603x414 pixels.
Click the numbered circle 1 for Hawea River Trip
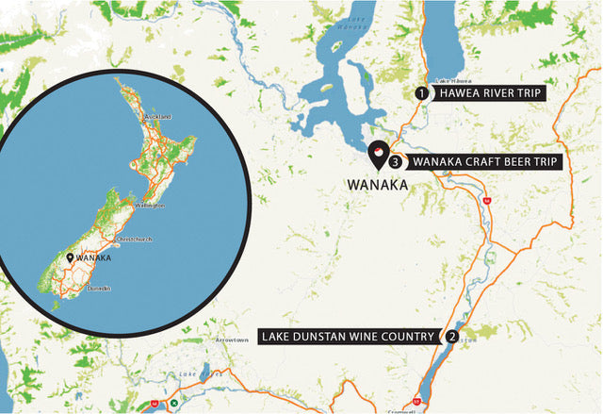click(422, 93)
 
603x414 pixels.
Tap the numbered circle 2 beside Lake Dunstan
click(453, 336)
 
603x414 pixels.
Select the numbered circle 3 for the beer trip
click(395, 162)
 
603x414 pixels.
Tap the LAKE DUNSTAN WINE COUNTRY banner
click(350, 336)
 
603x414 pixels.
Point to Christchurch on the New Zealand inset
click(133, 240)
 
